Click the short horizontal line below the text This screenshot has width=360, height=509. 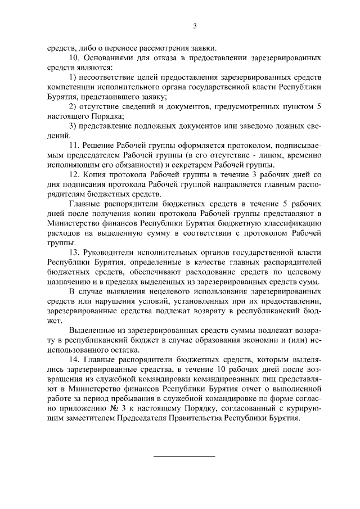pyautogui.click(x=184, y=455)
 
